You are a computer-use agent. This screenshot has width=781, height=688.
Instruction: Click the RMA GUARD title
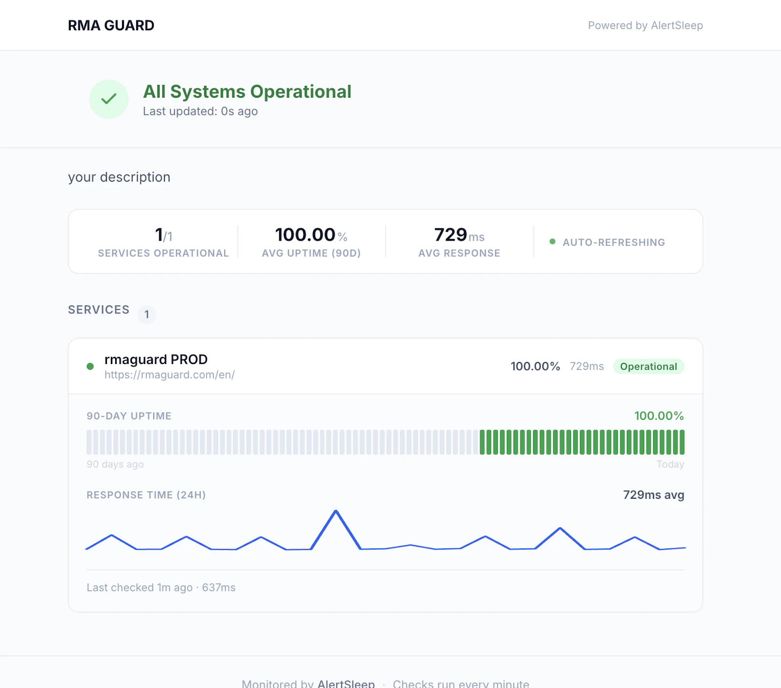[111, 25]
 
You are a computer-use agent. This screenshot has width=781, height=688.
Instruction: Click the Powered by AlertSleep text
[645, 25]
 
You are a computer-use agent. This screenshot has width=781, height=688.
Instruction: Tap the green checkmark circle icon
[109, 99]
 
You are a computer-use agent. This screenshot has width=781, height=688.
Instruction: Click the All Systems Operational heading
[247, 92]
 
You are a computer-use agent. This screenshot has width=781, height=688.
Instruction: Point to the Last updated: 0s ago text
[200, 111]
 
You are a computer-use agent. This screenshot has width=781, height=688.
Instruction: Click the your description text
[119, 177]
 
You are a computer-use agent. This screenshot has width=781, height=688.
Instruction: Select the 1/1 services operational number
[163, 235]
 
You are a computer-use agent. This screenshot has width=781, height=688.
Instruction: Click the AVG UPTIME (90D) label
[311, 253]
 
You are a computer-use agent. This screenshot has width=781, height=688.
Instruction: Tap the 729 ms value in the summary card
[459, 235]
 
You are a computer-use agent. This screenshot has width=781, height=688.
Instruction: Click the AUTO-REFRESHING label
[614, 243]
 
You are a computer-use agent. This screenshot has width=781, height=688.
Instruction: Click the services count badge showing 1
[147, 314]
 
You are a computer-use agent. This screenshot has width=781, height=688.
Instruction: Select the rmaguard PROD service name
[156, 360]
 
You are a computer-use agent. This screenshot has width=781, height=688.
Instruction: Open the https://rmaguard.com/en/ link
[169, 375]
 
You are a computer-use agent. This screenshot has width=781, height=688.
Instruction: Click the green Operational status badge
[648, 366]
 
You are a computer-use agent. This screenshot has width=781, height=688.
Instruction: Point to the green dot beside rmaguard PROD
[90, 366]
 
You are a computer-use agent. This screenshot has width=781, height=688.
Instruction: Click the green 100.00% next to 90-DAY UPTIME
[658, 416]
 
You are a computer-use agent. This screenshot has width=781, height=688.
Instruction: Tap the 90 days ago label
[115, 465]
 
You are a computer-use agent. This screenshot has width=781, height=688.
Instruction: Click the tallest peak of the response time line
[336, 511]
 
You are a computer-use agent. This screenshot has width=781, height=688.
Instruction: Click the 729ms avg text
[653, 495]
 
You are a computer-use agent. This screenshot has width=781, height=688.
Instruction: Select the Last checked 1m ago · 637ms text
[161, 587]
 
